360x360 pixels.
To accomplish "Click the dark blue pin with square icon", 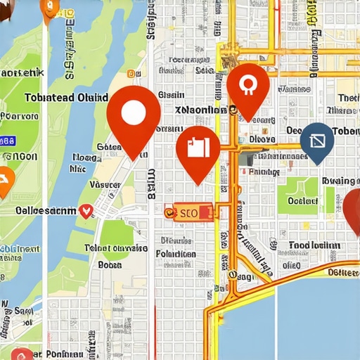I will pyautogui.click(x=317, y=141).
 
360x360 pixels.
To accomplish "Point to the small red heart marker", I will pyautogui.click(x=86, y=210).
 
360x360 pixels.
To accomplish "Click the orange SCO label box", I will pyautogui.click(x=188, y=211).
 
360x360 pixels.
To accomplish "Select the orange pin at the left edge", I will pyautogui.click(x=4, y=181).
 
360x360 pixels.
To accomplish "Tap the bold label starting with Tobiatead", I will pyautogui.click(x=66, y=97).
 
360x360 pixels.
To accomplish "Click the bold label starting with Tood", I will pyautogui.click(x=314, y=245).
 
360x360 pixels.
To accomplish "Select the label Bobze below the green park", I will pyautogui.click(x=110, y=265).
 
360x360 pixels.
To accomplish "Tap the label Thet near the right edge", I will pyautogui.click(x=347, y=98).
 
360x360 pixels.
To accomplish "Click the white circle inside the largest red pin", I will pyautogui.click(x=133, y=112).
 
